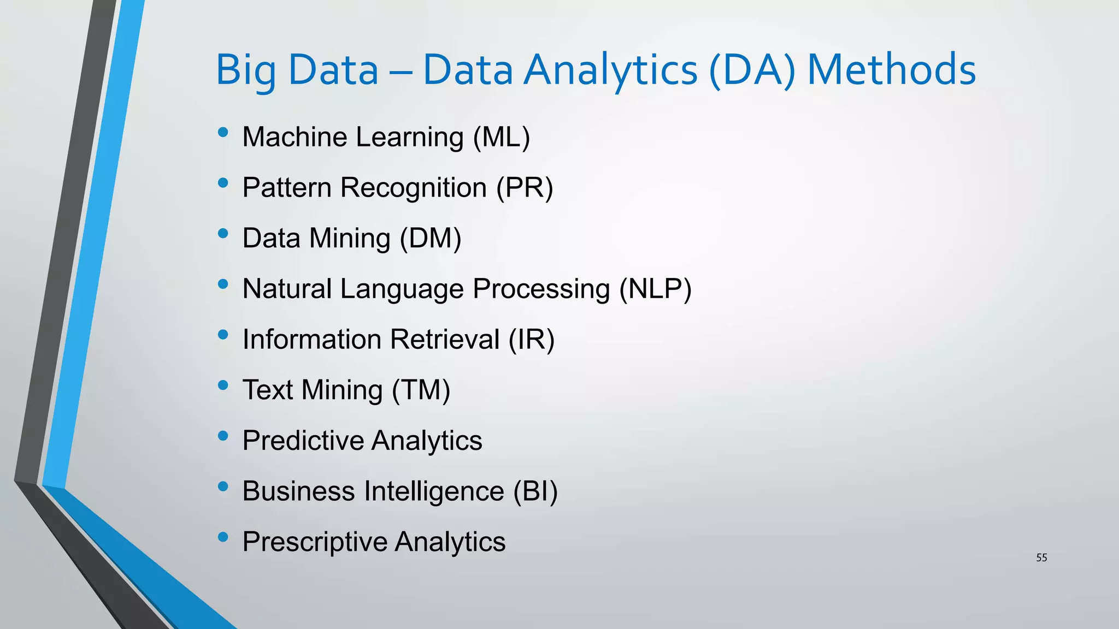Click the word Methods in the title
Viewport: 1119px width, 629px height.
click(891, 70)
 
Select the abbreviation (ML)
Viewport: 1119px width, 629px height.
click(502, 137)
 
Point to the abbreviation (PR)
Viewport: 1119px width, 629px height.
click(525, 188)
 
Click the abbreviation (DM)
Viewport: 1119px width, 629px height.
click(431, 239)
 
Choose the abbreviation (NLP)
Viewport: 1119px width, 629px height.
click(655, 289)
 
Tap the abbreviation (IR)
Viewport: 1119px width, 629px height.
click(532, 340)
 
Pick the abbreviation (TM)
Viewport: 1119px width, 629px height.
click(421, 390)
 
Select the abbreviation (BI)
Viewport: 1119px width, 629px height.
click(535, 491)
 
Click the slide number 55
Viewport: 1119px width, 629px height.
click(1041, 557)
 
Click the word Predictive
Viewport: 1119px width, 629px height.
click(303, 441)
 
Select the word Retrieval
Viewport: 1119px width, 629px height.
click(445, 340)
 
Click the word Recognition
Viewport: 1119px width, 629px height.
click(414, 188)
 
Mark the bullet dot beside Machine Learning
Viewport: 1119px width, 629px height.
click(222, 132)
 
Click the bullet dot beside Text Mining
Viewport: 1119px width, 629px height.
click(222, 385)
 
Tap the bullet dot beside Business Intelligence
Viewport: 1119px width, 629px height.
click(222, 486)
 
